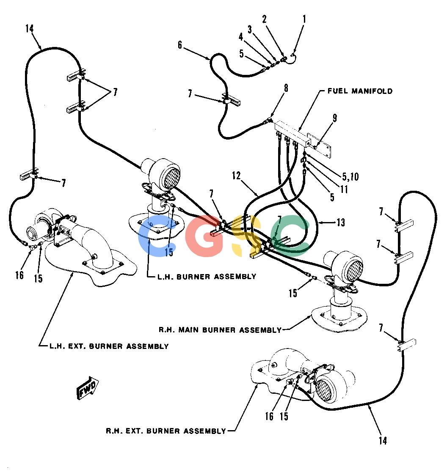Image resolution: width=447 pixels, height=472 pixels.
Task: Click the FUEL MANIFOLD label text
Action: click(360, 91)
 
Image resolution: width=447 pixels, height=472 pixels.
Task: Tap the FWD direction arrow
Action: click(88, 388)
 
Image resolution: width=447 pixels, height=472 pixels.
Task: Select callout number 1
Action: click(304, 19)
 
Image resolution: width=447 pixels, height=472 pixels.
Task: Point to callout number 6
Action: click(180, 45)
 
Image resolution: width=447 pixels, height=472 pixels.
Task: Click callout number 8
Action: click(286, 88)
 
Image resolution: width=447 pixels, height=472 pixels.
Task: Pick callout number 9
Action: click(335, 118)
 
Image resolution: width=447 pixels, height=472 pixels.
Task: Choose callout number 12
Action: click(237, 176)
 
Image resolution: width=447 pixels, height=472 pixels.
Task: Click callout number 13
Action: click(341, 222)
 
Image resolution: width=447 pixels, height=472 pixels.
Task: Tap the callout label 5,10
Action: click(350, 177)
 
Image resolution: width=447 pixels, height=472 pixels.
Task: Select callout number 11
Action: click(344, 189)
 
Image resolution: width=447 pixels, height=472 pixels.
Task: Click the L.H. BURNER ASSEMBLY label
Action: click(207, 276)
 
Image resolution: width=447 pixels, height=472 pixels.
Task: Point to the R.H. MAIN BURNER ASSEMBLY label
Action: click(220, 330)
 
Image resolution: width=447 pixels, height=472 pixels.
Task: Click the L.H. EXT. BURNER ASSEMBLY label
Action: click(109, 346)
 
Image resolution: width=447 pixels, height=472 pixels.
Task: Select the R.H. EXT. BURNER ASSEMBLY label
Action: click(166, 431)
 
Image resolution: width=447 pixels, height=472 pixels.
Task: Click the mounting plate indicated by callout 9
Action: click(319, 145)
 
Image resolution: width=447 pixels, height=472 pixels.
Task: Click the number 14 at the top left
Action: click(30, 29)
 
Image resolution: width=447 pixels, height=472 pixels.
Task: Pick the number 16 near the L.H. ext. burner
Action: click(19, 275)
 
